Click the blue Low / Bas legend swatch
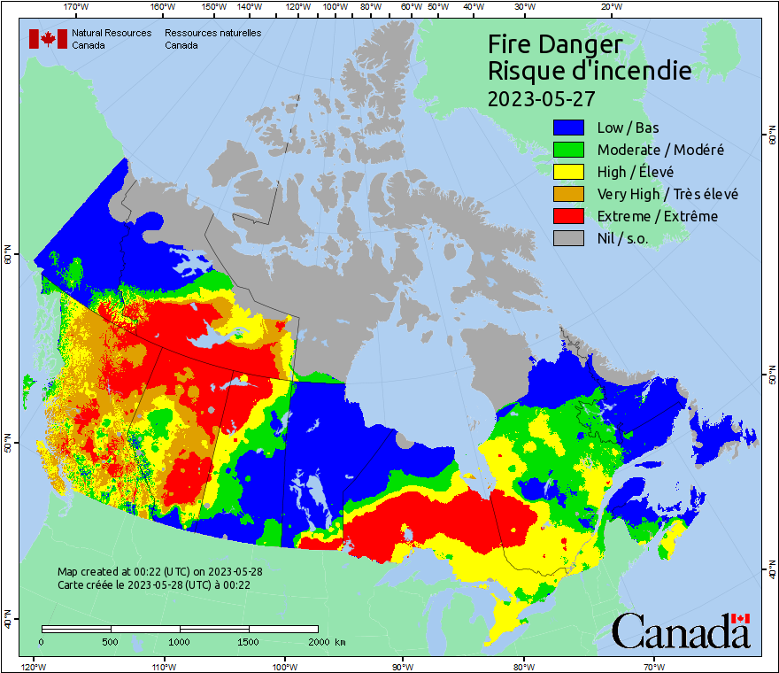568,128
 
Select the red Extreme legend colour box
568,216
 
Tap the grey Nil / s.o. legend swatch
568,238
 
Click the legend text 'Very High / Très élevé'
667,194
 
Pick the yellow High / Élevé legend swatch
568,172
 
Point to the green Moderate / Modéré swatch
568,150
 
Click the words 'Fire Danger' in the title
555,44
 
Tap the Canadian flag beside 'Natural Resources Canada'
47,39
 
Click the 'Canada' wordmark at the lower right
681,630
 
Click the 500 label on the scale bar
110,642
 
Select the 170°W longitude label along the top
76,6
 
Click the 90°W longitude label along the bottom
403,666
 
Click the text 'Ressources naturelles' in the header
212,33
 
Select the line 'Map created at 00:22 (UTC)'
159,572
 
